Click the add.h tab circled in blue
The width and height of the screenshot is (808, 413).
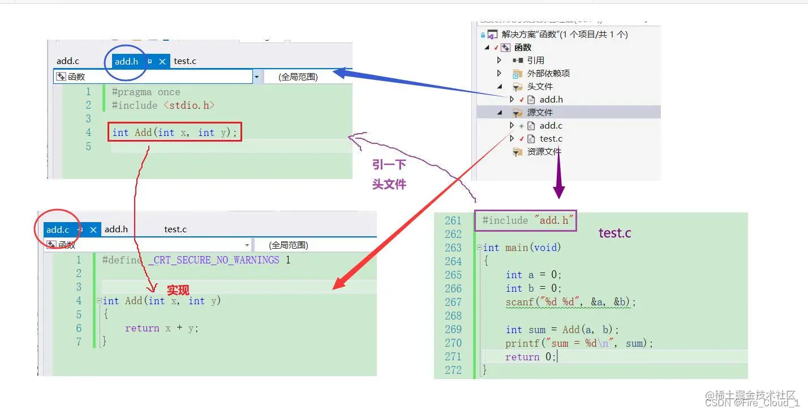pyautogui.click(x=126, y=61)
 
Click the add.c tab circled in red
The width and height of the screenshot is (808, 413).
pyautogui.click(x=58, y=229)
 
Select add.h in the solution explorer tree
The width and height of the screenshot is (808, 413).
pyautogui.click(x=551, y=100)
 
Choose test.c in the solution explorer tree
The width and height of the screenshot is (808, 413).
pyautogui.click(x=551, y=139)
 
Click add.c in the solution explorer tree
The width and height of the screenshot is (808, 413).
pyautogui.click(x=551, y=126)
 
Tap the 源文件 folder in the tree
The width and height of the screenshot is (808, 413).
pyautogui.click(x=540, y=113)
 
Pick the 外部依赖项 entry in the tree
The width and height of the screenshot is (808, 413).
pyautogui.click(x=548, y=74)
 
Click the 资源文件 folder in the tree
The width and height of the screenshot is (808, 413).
pyautogui.click(x=544, y=152)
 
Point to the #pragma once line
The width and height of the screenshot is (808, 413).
pyautogui.click(x=146, y=92)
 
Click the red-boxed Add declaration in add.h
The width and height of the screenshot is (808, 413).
pyautogui.click(x=175, y=133)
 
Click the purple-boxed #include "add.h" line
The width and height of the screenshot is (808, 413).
pyautogui.click(x=526, y=220)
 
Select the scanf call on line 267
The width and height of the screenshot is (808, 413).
pyautogui.click(x=570, y=302)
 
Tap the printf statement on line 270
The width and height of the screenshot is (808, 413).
pyautogui.click(x=579, y=343)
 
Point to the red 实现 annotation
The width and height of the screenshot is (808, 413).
pyautogui.click(x=178, y=290)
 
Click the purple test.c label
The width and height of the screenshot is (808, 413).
pyautogui.click(x=614, y=233)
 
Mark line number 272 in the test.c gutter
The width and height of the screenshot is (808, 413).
pyautogui.click(x=453, y=370)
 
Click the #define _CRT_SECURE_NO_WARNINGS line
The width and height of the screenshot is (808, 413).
pyautogui.click(x=196, y=260)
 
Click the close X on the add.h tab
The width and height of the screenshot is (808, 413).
pyautogui.click(x=162, y=61)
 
